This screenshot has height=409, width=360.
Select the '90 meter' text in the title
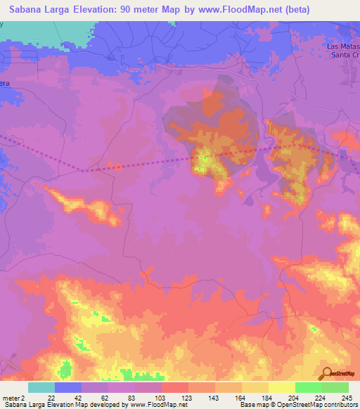[141, 9]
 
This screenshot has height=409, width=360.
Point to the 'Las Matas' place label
[344, 46]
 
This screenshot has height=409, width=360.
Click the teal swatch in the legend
[41, 387]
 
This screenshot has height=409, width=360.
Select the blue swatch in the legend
[68, 387]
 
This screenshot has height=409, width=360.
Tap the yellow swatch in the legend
[282, 387]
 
